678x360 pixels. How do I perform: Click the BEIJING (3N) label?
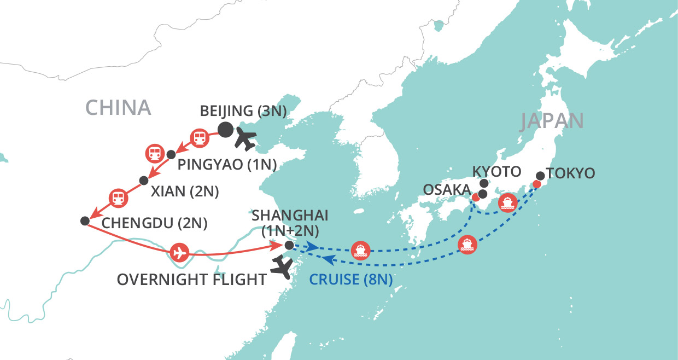point(243,110)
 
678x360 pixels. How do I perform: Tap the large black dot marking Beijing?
point(225,130)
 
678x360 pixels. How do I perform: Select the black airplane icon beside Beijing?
point(244,140)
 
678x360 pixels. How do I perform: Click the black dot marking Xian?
point(144,180)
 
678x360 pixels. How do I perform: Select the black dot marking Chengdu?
point(84,221)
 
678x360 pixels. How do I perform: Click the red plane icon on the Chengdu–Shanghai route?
point(178,253)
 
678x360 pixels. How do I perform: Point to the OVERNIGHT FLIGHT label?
point(191,280)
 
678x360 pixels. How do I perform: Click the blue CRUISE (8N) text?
point(350,280)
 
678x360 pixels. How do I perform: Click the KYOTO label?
point(497,172)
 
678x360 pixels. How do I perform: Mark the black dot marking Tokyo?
point(540,176)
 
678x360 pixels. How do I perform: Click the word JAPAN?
point(552,121)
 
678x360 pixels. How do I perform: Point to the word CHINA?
point(118,108)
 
